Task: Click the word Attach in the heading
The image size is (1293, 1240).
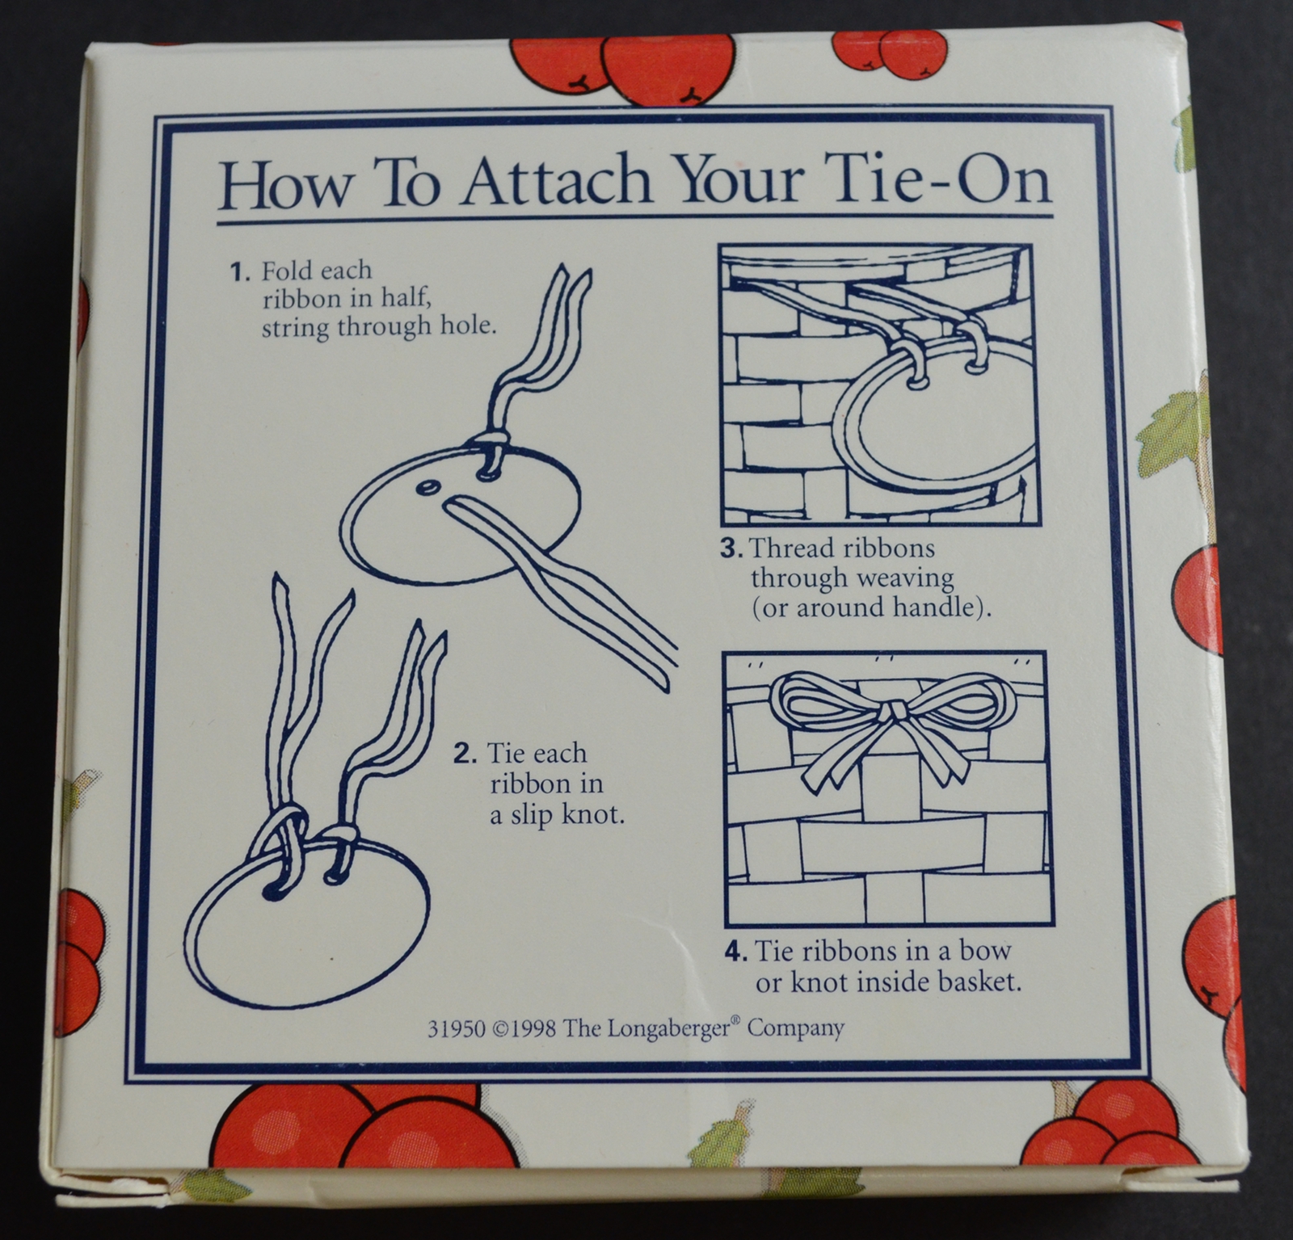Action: point(558,184)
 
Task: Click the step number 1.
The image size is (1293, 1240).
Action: point(240,271)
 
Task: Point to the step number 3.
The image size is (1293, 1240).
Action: point(731,549)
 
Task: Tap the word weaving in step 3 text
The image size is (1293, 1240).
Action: point(908,578)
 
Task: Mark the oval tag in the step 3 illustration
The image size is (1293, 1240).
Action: point(937,420)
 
